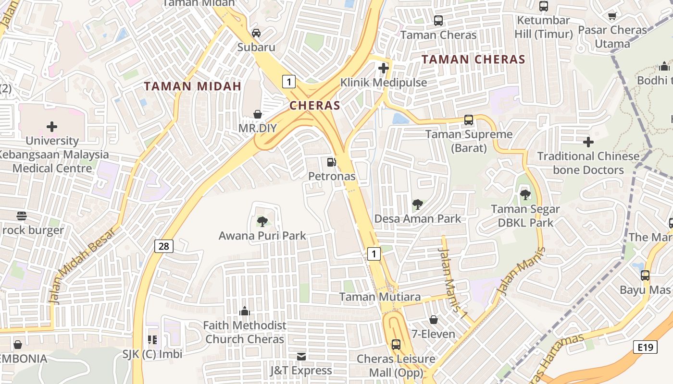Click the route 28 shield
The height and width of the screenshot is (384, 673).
click(164, 246)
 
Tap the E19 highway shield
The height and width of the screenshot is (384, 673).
click(645, 347)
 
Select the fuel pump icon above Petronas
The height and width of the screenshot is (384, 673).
click(331, 162)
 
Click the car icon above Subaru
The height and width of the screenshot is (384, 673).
click(257, 33)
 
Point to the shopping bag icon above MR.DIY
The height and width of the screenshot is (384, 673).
click(258, 114)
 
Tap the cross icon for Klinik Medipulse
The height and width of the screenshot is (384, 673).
click(383, 68)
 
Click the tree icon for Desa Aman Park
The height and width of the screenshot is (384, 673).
click(418, 205)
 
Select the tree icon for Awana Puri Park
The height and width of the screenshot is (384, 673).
click(262, 222)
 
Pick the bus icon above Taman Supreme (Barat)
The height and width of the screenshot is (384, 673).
click(469, 120)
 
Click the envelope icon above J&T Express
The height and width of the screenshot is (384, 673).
click(301, 357)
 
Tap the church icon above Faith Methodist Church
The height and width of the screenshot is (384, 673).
click(245, 312)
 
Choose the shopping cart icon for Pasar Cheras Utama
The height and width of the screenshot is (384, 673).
click(612, 16)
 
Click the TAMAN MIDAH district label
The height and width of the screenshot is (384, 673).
click(192, 86)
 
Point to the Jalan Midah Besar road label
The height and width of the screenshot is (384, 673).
click(82, 265)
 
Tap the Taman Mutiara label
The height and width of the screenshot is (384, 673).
click(380, 297)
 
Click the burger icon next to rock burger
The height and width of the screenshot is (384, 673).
click(21, 216)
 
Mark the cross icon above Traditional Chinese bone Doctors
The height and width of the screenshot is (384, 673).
click(588, 142)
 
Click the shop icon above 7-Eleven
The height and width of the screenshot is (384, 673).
click(434, 320)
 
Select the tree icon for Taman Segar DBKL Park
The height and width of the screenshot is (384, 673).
click(525, 195)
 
